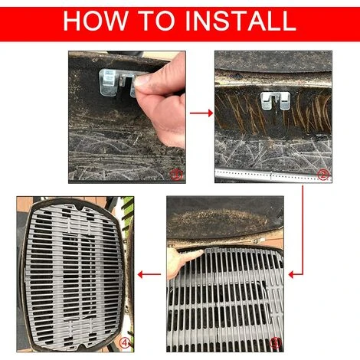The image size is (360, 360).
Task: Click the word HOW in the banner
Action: [95, 21]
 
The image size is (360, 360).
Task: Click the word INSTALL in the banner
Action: [241, 21]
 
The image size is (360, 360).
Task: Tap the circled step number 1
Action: [176, 175]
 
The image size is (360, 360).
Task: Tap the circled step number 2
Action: [322, 175]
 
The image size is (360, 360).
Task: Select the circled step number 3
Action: [275, 342]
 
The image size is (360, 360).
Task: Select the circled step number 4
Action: [125, 343]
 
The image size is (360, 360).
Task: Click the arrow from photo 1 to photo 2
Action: [201, 113]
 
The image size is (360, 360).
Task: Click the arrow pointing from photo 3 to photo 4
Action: [149, 275]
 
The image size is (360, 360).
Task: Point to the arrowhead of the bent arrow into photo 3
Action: [292, 275]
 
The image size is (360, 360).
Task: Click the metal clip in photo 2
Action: [276, 100]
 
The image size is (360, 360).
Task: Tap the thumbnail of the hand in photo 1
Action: [140, 80]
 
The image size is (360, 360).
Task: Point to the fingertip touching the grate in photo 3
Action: [200, 253]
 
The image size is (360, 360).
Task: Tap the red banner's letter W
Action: [116, 21]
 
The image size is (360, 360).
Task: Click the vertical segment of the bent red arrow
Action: [303, 230]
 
